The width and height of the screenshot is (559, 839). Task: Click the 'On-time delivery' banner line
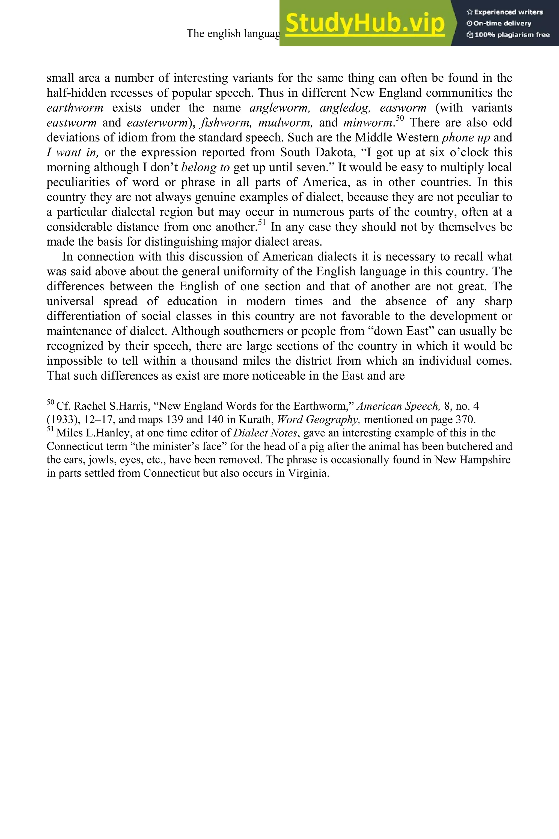(499, 23)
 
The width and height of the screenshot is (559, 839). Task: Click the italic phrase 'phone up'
(466, 138)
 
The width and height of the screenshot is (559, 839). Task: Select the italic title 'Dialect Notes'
(265, 433)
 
